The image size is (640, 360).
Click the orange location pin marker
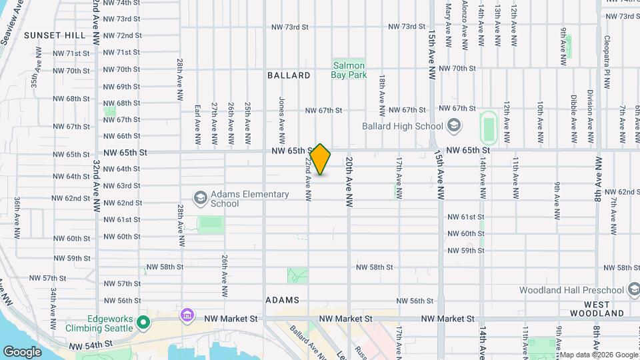tap(321, 159)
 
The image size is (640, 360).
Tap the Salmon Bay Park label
tap(349, 70)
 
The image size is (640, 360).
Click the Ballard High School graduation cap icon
tap(453, 126)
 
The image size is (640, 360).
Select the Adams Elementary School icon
tap(200, 198)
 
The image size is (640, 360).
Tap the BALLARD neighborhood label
tap(289, 75)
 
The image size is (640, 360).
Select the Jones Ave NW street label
tap(281, 113)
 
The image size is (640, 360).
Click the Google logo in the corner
tap(22, 351)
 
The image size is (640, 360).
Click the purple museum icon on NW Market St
tap(187, 314)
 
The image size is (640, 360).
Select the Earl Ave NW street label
tap(197, 125)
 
